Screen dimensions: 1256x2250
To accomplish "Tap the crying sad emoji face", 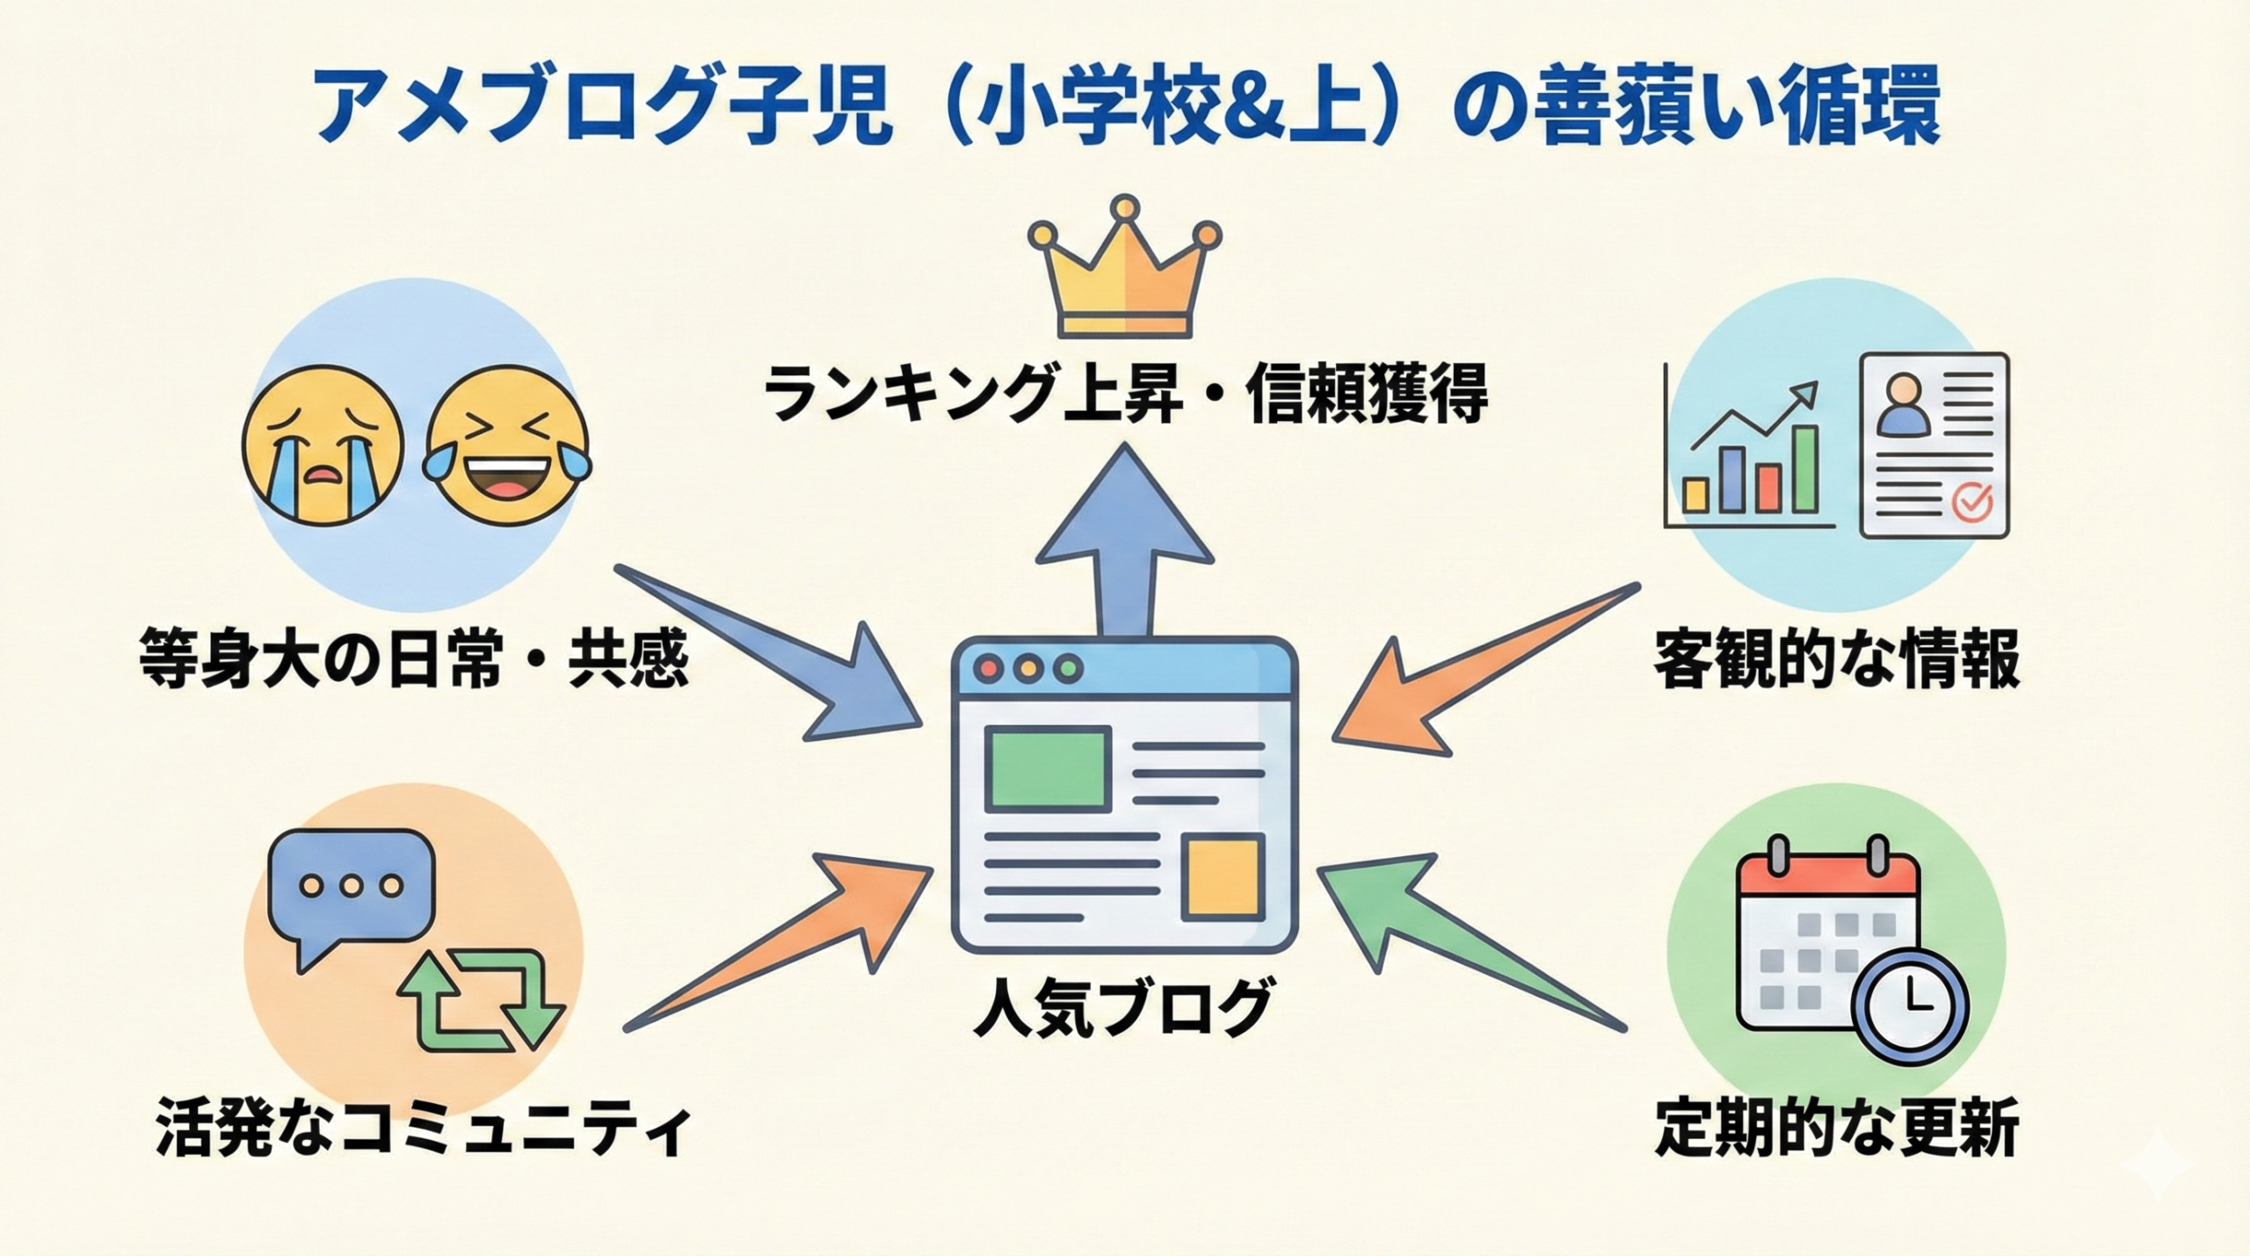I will pyautogui.click(x=323, y=448).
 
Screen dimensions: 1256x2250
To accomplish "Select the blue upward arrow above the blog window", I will pyautogui.click(x=1124, y=545).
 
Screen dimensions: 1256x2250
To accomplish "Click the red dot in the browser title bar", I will pyautogui.click(x=991, y=667).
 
